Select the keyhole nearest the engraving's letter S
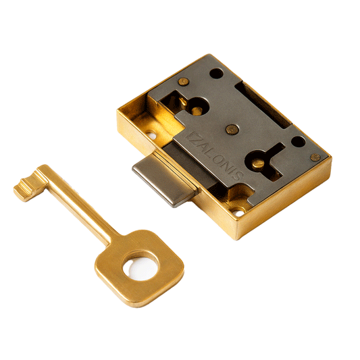(x=257, y=161)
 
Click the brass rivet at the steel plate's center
(x=232, y=129)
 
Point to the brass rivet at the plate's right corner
(x=315, y=157)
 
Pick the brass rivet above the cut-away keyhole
(x=183, y=82)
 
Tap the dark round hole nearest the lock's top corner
(x=217, y=73)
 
